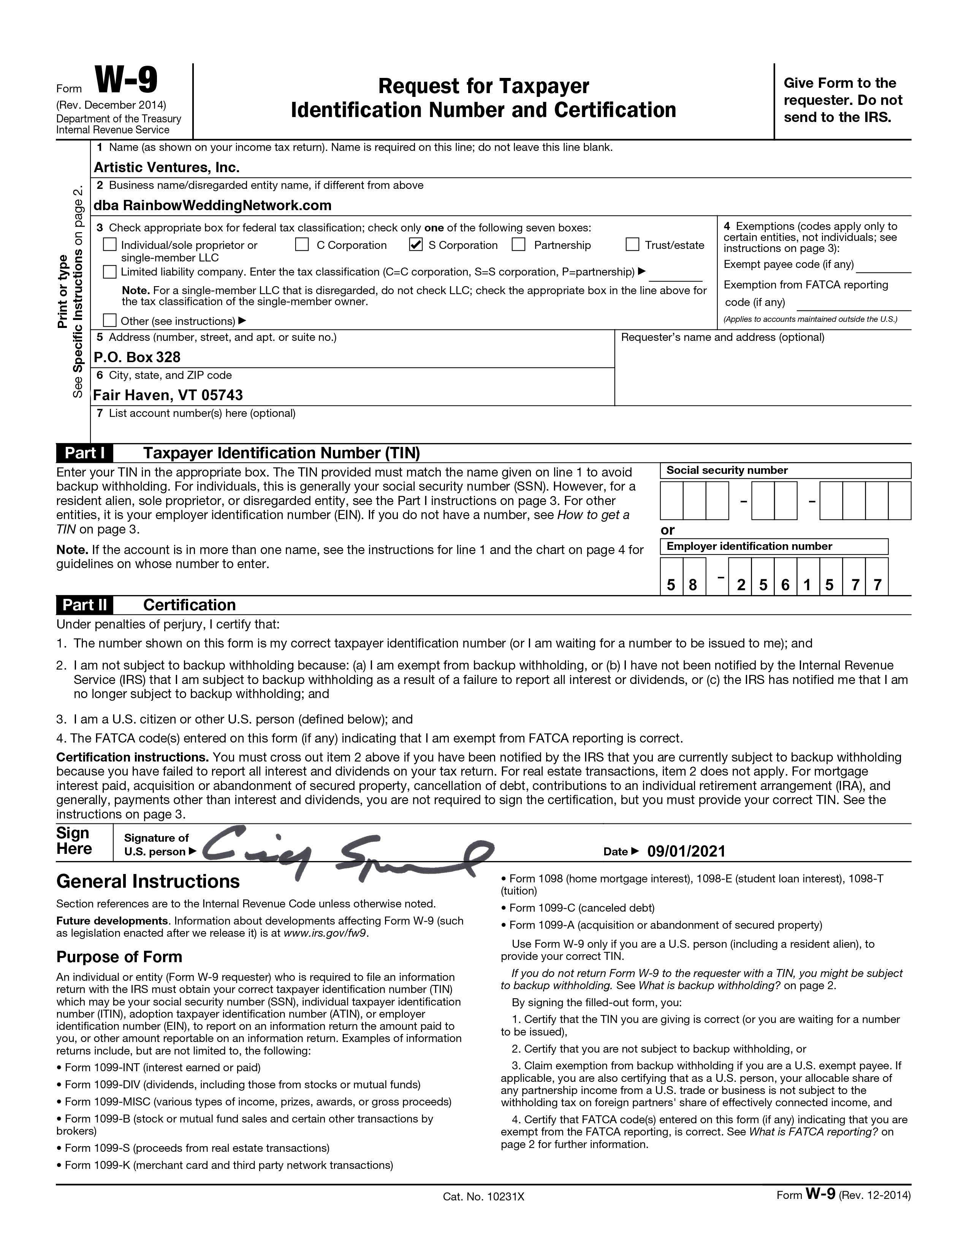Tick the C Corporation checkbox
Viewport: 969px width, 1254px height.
(302, 245)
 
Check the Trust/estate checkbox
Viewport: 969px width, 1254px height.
(632, 245)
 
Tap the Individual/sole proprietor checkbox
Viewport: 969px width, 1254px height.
(109, 245)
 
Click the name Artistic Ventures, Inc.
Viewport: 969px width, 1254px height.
(166, 167)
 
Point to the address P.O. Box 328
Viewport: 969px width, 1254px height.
(137, 357)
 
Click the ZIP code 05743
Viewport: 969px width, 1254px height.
(221, 395)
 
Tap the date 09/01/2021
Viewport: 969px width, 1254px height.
(686, 851)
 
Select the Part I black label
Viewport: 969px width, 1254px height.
(84, 453)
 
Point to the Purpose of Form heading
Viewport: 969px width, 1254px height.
(119, 956)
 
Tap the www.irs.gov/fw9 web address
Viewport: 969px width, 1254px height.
(325, 933)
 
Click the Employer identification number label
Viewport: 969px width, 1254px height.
(749, 546)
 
